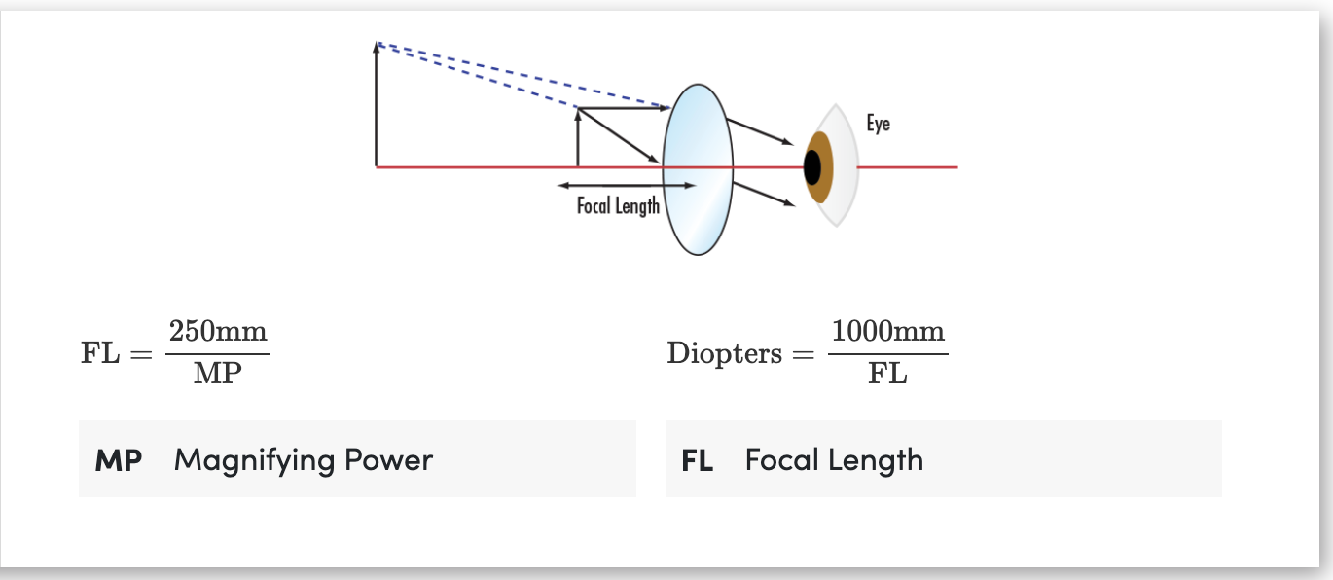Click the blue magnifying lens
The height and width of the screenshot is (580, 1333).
click(698, 168)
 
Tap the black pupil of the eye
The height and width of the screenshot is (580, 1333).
click(812, 167)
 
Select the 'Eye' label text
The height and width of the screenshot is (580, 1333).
click(878, 124)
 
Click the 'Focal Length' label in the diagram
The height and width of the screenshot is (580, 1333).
click(618, 206)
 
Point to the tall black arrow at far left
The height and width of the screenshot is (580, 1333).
click(377, 107)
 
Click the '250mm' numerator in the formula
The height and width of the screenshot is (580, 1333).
click(218, 331)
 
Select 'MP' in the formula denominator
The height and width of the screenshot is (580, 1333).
click(217, 374)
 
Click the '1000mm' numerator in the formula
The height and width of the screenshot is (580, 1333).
click(887, 331)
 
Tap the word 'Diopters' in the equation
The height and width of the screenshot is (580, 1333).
click(725, 353)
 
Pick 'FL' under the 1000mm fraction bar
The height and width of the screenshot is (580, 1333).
click(887, 374)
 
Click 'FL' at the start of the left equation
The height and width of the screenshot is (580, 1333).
click(100, 353)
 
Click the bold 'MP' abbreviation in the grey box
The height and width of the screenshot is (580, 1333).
click(119, 459)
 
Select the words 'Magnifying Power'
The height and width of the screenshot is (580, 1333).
click(304, 459)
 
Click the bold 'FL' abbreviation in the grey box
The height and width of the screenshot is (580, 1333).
click(698, 459)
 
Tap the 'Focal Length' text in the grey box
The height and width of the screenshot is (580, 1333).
click(834, 459)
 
